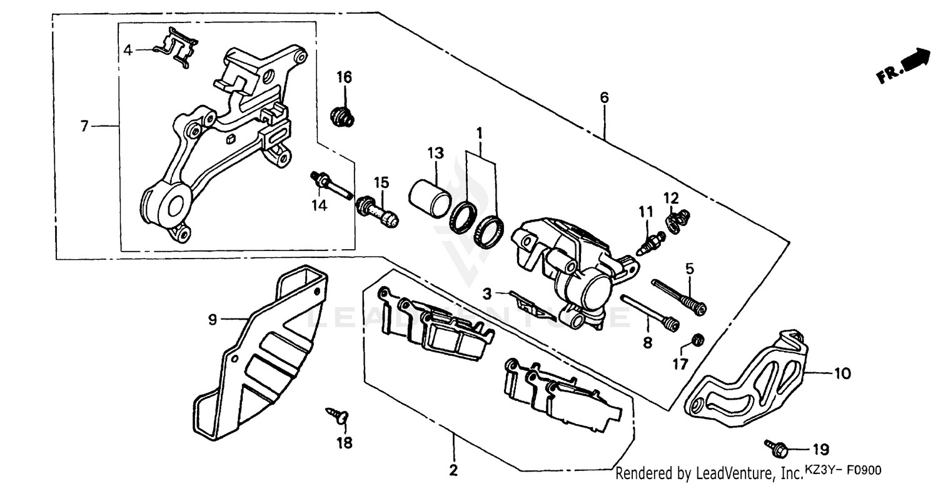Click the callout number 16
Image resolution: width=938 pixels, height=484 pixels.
tap(344, 77)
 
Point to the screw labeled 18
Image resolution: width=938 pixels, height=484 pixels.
tap(337, 415)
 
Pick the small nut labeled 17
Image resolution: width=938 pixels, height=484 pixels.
tap(699, 340)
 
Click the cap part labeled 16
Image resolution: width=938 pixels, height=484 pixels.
tap(341, 116)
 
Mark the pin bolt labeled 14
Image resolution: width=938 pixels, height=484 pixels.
tap(330, 185)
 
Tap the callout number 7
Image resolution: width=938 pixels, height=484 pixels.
tap(84, 126)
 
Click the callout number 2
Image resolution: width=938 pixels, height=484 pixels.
tap(453, 469)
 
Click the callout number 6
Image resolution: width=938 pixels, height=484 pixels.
tap(603, 97)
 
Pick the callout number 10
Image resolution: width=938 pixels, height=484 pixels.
tap(842, 373)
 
